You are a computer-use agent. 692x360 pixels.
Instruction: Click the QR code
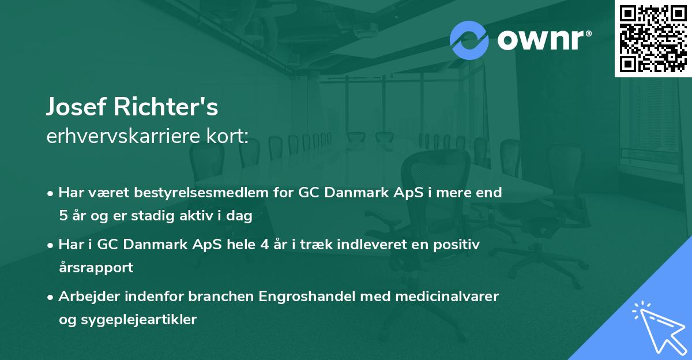tap(653, 38)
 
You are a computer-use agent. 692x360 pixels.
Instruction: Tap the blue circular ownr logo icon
tap(469, 40)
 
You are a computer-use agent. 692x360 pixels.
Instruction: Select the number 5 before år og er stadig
tap(62, 216)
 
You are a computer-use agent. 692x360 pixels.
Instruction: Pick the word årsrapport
tap(96, 267)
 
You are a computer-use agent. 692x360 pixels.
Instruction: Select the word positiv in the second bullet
tap(458, 245)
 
